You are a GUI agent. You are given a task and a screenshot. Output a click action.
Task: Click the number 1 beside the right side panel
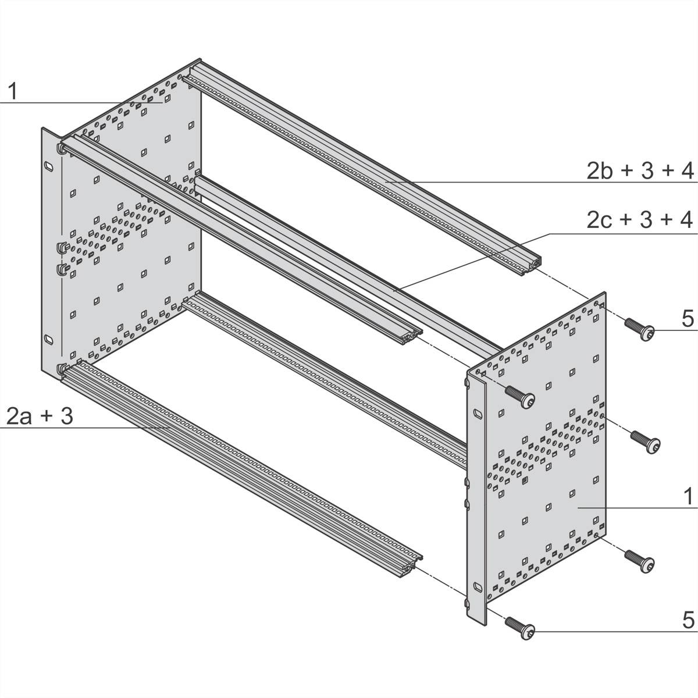[688, 497]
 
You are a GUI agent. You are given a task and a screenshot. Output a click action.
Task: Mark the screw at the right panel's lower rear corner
[640, 561]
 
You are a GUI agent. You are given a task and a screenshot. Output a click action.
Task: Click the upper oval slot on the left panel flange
[48, 167]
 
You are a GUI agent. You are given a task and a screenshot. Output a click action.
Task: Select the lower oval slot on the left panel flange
[48, 339]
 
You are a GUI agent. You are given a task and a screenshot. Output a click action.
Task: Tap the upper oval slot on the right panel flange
[476, 414]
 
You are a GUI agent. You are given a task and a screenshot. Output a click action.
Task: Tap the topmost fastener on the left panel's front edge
[61, 149]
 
